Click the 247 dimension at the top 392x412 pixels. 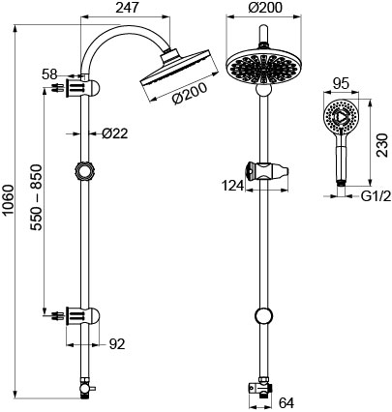(x=127, y=8)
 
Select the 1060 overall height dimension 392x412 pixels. (x=8, y=200)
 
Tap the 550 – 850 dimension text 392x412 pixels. (x=37, y=197)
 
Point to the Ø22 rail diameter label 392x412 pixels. (x=115, y=133)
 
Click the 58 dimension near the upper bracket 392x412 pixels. (x=49, y=74)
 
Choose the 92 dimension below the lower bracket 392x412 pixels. (x=117, y=344)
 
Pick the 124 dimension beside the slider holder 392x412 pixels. (x=233, y=186)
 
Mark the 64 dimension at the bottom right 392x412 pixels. (x=286, y=403)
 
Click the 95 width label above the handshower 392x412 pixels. (x=341, y=84)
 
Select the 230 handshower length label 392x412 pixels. (x=383, y=145)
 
